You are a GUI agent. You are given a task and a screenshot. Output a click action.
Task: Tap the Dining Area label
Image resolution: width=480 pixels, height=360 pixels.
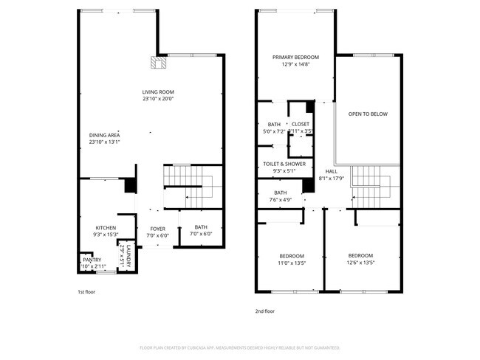(x=104, y=135)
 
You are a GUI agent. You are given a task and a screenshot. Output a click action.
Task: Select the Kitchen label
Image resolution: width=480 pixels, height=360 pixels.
(x=106, y=227)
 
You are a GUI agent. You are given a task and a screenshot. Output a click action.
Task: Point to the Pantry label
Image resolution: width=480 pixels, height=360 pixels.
(x=92, y=260)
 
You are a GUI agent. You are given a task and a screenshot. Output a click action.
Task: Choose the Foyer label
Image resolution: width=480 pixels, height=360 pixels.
(x=157, y=229)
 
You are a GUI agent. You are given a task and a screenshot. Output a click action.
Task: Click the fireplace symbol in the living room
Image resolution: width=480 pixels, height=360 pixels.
(x=156, y=63)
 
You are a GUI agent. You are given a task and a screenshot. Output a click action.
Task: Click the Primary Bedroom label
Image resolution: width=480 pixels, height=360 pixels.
(x=295, y=58)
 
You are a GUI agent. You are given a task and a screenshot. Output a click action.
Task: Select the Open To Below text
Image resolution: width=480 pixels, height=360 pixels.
(x=368, y=114)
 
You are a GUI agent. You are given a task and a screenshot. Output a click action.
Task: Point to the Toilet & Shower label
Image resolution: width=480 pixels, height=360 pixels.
(x=284, y=164)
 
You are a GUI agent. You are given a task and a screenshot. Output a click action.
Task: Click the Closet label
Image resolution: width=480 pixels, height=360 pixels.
(x=301, y=124)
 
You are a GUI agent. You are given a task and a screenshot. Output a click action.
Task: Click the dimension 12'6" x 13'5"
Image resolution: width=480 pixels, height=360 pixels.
(x=361, y=263)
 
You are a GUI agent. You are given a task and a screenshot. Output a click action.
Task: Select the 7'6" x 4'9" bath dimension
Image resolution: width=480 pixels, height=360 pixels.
(x=281, y=199)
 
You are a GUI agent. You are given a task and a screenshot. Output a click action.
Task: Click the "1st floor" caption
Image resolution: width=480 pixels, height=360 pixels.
(x=86, y=292)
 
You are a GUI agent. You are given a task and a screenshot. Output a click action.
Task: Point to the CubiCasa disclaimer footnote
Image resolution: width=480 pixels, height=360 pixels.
(x=239, y=347)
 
